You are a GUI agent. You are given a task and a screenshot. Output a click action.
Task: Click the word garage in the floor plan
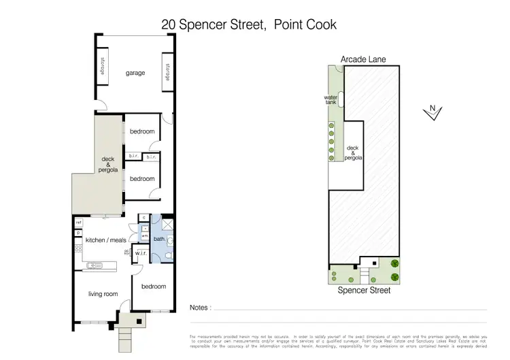tap(135, 73)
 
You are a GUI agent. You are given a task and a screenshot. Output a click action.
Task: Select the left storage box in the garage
tap(101, 67)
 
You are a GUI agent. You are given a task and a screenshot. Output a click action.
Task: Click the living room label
tap(103, 294)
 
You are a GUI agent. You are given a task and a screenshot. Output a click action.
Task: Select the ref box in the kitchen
tap(79, 223)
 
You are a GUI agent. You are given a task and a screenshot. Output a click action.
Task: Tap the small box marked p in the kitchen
tap(79, 233)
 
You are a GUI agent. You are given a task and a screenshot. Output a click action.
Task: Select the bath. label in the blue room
tap(158, 239)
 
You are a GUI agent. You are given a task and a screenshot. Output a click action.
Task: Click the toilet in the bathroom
tap(158, 256)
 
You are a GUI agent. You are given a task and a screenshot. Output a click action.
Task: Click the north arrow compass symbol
tap(431, 112)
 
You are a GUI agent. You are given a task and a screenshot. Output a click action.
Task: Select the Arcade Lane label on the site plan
tap(363, 60)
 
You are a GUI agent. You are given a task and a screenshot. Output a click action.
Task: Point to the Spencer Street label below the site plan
tap(364, 290)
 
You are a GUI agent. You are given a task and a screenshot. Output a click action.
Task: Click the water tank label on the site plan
tap(331, 100)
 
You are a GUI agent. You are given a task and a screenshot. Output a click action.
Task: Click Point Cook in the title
tap(305, 24)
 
